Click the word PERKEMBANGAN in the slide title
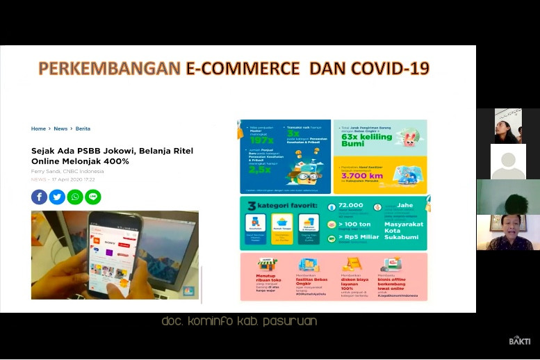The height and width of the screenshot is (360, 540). click(x=110, y=68)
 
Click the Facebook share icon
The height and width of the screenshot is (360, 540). click(x=39, y=197)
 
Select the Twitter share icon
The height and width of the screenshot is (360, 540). click(x=57, y=197)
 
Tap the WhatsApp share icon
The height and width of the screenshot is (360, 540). click(x=75, y=197)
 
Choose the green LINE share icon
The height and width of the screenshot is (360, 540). click(x=93, y=197)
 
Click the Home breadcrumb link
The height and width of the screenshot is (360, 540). click(x=38, y=129)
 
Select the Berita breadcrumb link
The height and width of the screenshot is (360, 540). click(x=83, y=129)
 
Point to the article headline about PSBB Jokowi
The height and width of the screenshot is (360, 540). click(x=112, y=156)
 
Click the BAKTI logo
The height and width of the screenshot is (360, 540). click(x=519, y=341)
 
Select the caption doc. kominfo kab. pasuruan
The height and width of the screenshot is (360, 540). click(x=239, y=321)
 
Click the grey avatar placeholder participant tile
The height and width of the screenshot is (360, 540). click(x=508, y=162)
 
